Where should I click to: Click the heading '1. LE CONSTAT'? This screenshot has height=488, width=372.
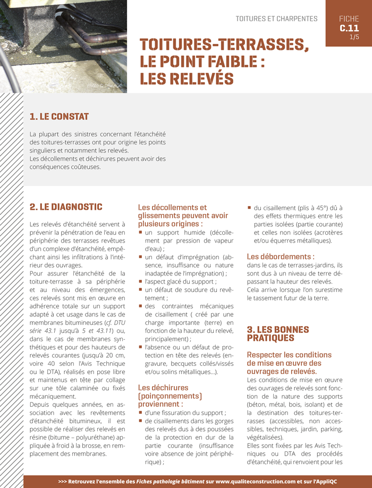pos(59,116)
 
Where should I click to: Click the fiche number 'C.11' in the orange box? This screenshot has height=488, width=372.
pos(349,28)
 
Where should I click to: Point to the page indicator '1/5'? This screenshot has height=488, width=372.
pos(354,37)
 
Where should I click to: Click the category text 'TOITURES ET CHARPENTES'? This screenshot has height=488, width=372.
pos(276,19)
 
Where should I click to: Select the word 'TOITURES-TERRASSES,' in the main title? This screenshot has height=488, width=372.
pos(224,45)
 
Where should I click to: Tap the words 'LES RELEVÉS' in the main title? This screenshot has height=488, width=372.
pos(187,79)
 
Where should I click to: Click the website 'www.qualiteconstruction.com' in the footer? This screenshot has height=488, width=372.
pos(260,481)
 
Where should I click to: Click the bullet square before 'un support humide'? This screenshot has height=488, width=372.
pos(140,233)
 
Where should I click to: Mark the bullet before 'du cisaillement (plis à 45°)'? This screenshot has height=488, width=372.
pos(249,208)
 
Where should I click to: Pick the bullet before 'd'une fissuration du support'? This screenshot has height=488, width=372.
pos(140,413)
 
